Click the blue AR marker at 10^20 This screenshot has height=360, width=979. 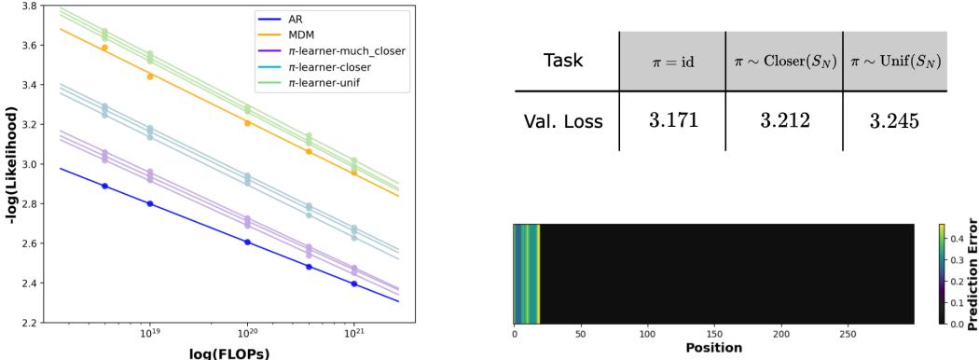(x=247, y=242)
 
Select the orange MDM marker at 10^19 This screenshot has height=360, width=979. (x=150, y=76)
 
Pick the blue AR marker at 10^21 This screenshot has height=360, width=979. (x=353, y=284)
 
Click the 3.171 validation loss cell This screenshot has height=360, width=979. (x=672, y=121)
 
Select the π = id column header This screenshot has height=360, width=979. (x=672, y=62)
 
